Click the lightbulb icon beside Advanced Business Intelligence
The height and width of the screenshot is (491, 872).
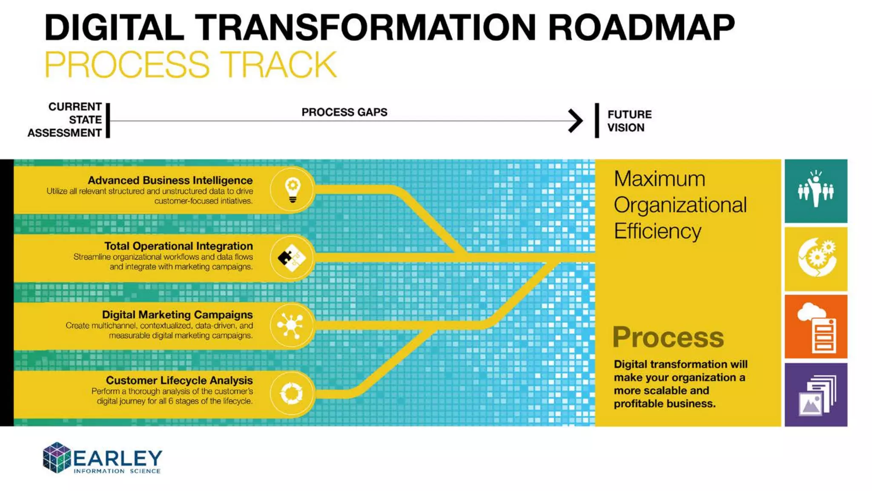(x=293, y=190)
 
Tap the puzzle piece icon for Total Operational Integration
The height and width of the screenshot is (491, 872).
(x=292, y=258)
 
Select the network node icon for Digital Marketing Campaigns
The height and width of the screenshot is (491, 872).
(x=291, y=326)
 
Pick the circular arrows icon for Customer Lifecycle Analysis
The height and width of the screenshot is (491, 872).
(x=292, y=393)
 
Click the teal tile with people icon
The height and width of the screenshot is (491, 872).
(x=816, y=191)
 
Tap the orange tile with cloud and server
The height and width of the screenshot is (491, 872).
(x=816, y=327)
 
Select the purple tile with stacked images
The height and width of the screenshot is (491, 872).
(x=816, y=395)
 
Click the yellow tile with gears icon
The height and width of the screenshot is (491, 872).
(x=816, y=259)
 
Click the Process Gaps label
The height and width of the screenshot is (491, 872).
(x=344, y=112)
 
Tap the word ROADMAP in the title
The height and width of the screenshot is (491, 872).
(x=641, y=28)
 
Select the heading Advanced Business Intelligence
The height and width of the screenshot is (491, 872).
(x=170, y=180)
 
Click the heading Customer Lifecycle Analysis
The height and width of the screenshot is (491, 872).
(x=179, y=380)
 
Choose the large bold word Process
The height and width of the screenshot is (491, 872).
(x=668, y=338)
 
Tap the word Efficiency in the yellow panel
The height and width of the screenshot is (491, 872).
(x=657, y=231)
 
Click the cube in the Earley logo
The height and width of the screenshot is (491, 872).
(x=57, y=458)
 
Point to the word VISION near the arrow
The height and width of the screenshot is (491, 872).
(x=625, y=128)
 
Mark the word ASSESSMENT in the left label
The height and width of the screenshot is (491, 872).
(x=64, y=133)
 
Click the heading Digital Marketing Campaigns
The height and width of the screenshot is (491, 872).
(x=177, y=315)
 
